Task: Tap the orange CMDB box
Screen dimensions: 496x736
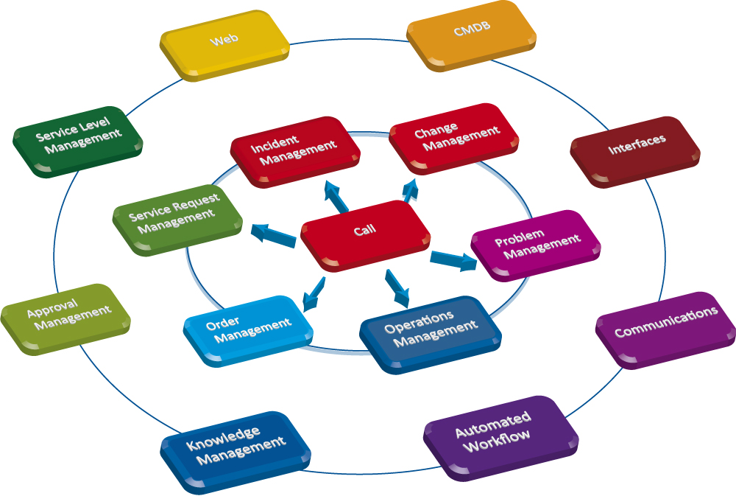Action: [471, 33]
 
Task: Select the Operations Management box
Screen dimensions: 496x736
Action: [431, 332]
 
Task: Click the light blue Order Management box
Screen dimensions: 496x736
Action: [247, 329]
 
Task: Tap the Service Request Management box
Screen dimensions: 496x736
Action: [177, 217]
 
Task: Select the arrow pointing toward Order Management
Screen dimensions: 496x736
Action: [314, 294]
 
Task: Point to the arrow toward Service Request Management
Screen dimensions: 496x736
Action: [272, 234]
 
